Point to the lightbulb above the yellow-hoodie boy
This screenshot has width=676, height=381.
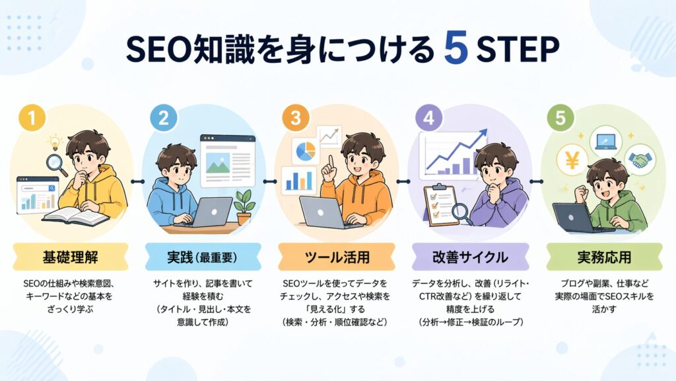[54, 142]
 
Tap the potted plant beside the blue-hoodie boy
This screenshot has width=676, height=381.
[244, 204]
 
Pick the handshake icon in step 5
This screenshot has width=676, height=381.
[638, 160]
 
